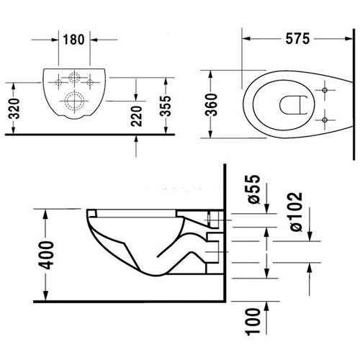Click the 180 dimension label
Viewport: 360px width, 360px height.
(73, 40)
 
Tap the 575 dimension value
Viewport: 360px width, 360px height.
(297, 39)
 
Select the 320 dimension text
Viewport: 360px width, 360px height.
(14, 109)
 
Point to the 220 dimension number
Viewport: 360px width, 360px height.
(137, 116)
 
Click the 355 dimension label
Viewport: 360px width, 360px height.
(166, 106)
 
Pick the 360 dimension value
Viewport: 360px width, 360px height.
(212, 104)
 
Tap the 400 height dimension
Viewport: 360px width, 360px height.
(46, 255)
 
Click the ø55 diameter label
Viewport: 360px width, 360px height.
(254, 189)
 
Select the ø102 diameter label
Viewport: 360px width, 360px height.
(296, 212)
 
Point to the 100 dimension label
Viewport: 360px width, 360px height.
(253, 322)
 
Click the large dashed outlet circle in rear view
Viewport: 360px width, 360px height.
(74, 101)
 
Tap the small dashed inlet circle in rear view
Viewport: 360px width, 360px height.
(74, 77)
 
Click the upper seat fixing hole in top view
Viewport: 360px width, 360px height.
(325, 90)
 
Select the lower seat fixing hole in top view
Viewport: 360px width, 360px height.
(325, 120)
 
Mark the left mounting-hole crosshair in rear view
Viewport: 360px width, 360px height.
(58, 83)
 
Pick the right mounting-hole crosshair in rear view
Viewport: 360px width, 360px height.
(90, 83)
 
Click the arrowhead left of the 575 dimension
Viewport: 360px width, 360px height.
(246, 39)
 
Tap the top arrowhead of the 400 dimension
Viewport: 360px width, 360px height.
(45, 214)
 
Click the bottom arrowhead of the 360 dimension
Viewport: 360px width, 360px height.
(211, 133)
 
